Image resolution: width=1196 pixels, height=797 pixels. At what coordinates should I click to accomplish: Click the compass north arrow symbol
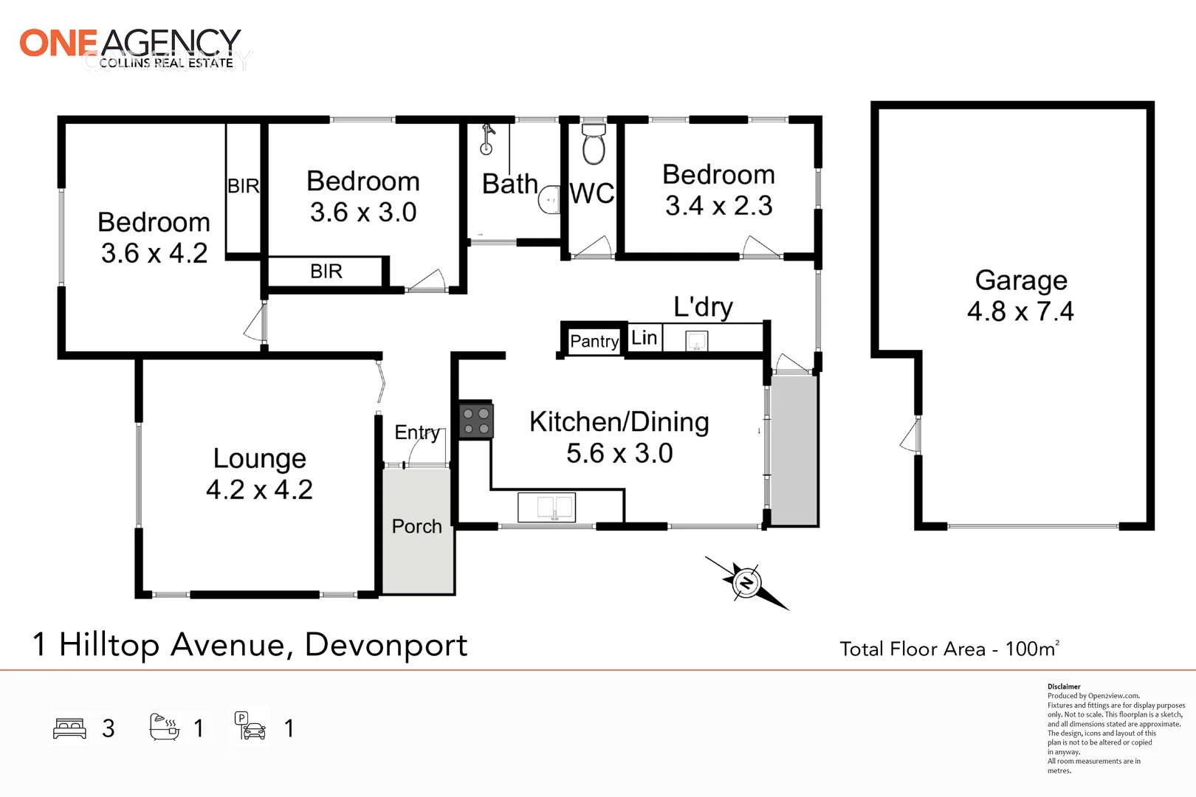click(x=746, y=582)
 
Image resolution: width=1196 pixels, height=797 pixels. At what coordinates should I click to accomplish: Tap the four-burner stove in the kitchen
click(x=475, y=421)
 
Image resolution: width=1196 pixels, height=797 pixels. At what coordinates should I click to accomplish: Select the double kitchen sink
click(x=546, y=507)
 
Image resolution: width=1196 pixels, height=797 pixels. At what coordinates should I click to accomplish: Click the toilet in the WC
click(x=594, y=144)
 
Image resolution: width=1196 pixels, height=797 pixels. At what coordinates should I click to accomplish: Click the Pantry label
click(x=594, y=341)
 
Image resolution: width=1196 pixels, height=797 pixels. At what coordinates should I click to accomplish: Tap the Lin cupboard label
click(x=644, y=338)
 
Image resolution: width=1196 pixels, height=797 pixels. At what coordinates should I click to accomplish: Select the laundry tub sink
click(x=696, y=341)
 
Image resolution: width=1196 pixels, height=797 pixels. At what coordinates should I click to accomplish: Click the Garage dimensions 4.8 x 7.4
click(x=1020, y=311)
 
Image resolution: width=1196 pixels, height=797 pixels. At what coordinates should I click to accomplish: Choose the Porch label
click(x=416, y=526)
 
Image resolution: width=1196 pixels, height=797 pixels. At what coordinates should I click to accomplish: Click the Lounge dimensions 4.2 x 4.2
click(x=259, y=489)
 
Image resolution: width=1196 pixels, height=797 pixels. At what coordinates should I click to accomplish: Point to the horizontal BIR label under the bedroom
click(x=326, y=272)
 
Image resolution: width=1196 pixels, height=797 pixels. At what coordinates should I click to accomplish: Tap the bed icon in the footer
click(x=70, y=728)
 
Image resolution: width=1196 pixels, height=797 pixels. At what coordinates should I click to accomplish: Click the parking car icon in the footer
click(x=251, y=727)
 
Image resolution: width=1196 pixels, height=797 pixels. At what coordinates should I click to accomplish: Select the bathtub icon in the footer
click(x=164, y=727)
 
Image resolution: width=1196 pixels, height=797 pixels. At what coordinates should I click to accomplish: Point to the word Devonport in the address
click(x=385, y=645)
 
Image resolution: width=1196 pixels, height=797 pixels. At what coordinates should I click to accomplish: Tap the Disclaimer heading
click(x=1063, y=686)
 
